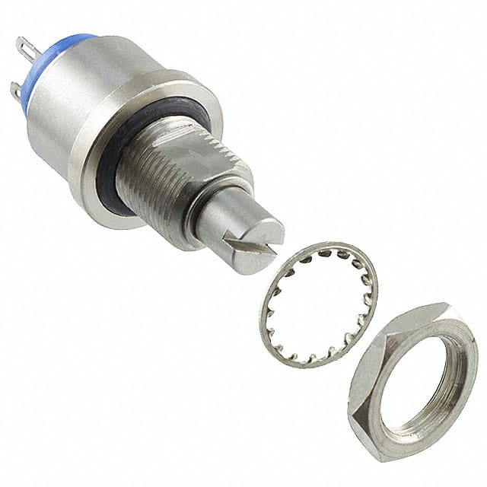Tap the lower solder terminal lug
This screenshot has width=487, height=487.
point(16,93)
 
